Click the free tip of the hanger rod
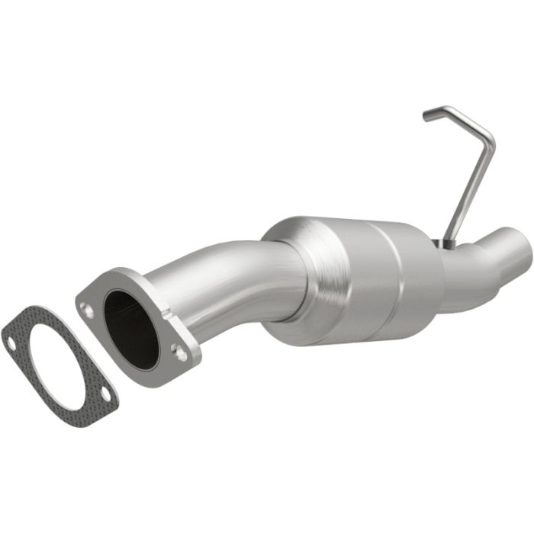coord(426,117)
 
